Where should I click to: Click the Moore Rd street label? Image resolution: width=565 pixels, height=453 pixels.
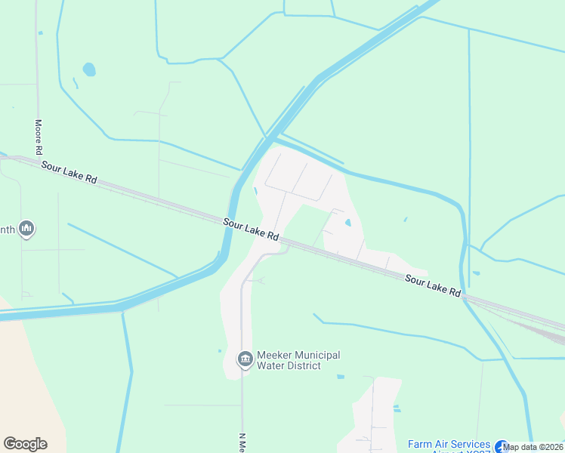pos(38,134)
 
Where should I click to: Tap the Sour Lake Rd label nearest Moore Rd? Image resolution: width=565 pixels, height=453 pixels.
pos(69,172)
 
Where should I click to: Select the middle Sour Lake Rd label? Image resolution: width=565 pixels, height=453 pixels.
pos(252,229)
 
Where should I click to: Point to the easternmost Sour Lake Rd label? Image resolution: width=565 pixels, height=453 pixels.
pos(433,285)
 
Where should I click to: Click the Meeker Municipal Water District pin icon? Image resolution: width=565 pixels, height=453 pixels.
pos(245,359)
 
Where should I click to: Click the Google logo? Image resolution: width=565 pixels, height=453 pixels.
pos(25,444)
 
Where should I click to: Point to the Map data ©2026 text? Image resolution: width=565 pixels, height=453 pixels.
pos(533,447)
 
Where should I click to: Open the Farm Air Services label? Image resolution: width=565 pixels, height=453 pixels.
pos(449,444)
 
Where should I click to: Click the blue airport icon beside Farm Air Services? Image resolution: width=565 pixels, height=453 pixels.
pos(502,447)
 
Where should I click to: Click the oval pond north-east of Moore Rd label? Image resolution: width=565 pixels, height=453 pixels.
pos(89,69)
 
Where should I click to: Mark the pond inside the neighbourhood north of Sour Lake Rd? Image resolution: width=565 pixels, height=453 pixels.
pos(347,223)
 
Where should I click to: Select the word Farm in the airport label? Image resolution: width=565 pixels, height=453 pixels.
pos(421,444)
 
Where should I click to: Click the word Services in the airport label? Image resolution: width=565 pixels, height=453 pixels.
pos(471,444)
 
